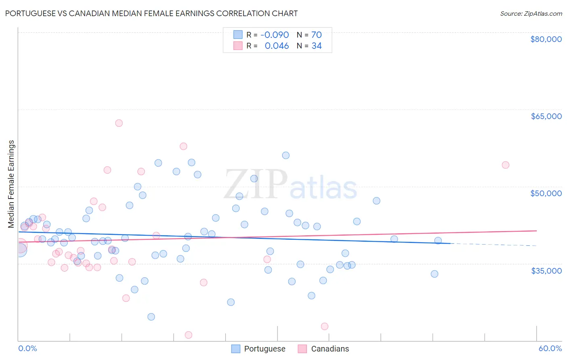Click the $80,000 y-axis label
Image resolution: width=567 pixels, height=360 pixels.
pos(546,39)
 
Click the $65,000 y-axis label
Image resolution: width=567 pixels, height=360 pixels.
pos(546,116)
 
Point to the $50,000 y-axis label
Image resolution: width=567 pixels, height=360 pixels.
pos(546,193)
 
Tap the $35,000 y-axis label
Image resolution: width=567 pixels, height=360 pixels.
pos(546,270)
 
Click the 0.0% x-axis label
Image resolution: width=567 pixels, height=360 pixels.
pos(27,348)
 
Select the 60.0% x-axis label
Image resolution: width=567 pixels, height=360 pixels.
pos(550,348)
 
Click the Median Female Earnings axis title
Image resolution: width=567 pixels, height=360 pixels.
pos(11,184)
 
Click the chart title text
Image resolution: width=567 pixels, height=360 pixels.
pos(151,13)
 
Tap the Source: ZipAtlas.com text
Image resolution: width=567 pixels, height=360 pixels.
pos(531,13)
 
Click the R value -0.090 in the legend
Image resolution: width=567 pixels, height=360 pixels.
pos(275,35)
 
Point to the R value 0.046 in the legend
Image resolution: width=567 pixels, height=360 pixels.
pos(277,46)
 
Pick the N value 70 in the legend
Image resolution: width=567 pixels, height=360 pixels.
pos(317,35)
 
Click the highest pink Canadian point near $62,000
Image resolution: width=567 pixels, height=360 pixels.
pos(119,123)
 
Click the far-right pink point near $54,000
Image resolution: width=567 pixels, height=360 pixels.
pos(505,165)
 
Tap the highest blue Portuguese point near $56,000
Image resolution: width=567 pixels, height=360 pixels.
pos(286,155)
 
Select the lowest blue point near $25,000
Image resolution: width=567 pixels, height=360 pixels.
pos(151,317)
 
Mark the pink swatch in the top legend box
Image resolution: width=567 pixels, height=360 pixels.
pos(238,46)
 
